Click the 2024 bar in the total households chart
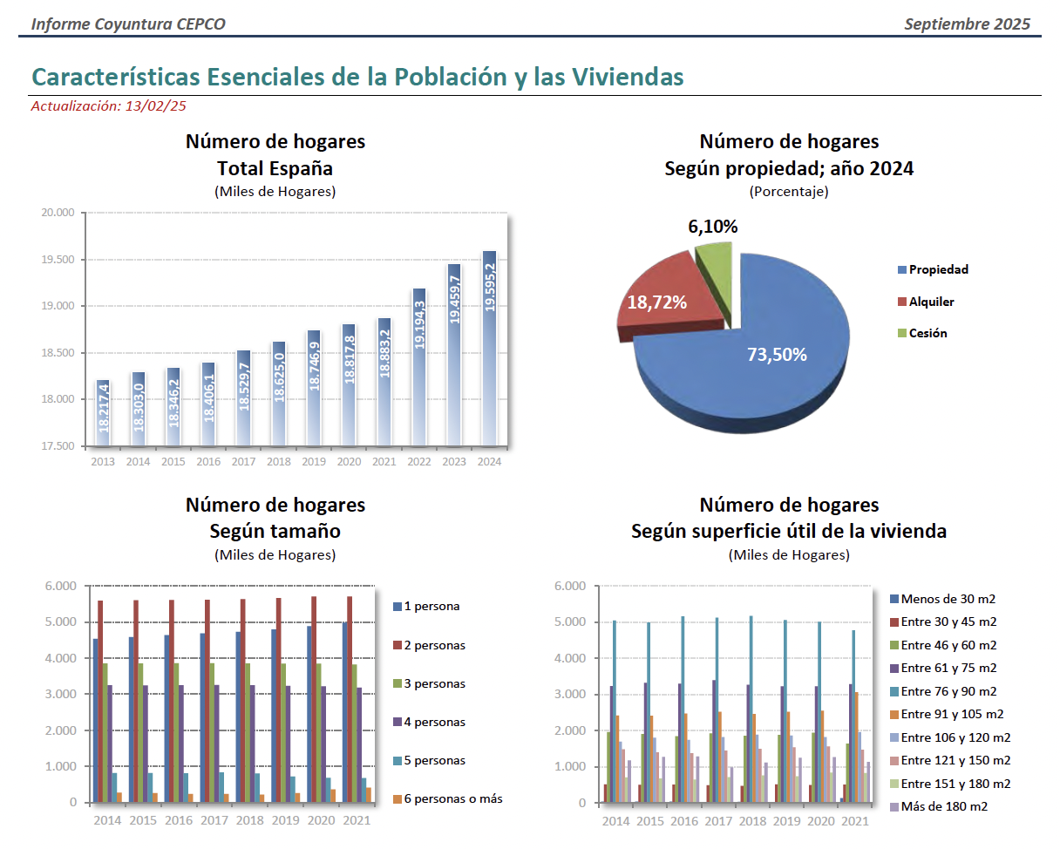click(x=489, y=349)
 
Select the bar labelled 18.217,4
click(x=104, y=413)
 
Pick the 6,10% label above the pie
click(x=713, y=227)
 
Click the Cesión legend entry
click(x=927, y=333)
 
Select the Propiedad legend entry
click(x=938, y=269)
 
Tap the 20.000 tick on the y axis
click(x=59, y=213)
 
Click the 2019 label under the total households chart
click(x=314, y=461)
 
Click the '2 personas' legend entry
click(x=434, y=645)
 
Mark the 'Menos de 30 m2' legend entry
click(x=948, y=599)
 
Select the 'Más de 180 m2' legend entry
click(x=944, y=806)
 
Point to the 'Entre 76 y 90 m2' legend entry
click(x=948, y=691)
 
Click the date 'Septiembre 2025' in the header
click(x=967, y=24)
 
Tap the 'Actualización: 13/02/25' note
click(x=109, y=106)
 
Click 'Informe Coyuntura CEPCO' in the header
click(x=128, y=24)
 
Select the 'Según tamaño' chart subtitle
click(x=275, y=531)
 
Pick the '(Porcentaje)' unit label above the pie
click(x=789, y=191)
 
